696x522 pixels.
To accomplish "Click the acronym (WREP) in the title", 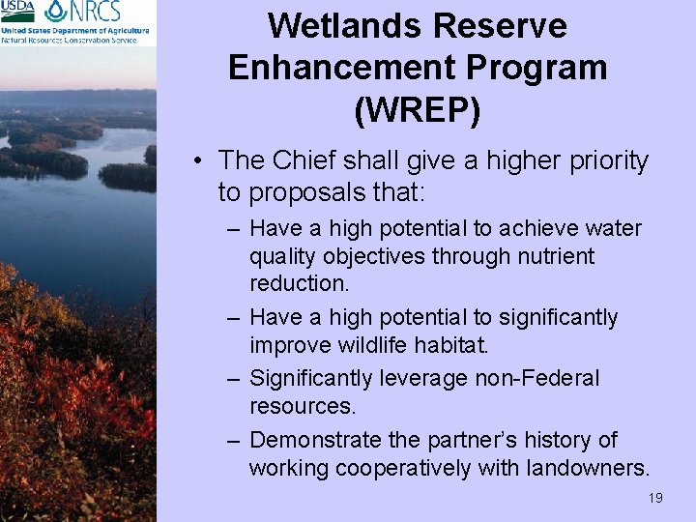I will point(418,110).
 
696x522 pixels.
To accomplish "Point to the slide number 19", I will point(655,498).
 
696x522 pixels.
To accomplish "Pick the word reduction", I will point(300,283).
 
